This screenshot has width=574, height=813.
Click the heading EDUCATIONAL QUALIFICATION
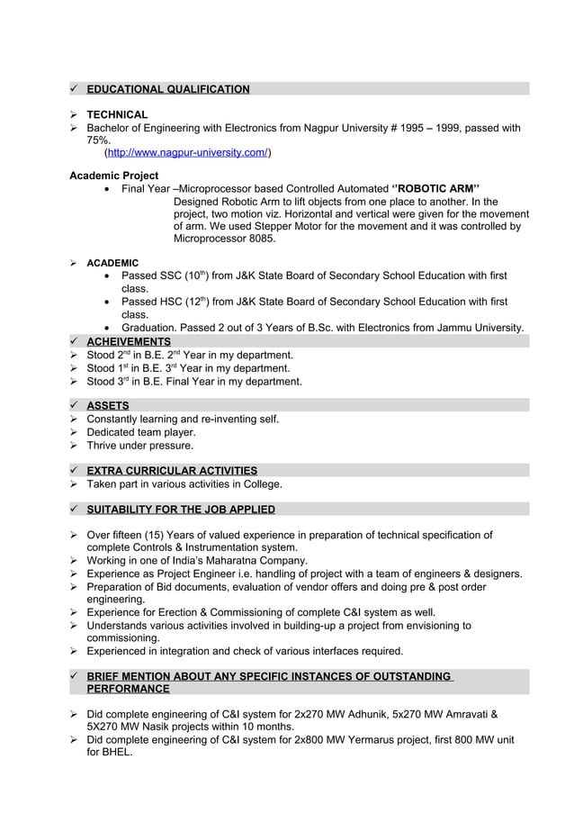click(168, 89)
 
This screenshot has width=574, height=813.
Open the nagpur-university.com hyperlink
click(187, 153)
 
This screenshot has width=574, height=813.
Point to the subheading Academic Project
click(114, 176)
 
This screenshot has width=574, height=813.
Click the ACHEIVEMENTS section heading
click(129, 342)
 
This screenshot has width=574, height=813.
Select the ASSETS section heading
click(108, 406)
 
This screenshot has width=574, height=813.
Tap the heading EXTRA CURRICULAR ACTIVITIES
click(172, 471)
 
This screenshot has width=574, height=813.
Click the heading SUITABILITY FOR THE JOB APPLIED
click(181, 510)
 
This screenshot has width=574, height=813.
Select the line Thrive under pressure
click(139, 446)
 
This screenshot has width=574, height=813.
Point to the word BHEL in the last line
click(116, 753)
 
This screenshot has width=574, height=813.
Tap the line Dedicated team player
click(140, 432)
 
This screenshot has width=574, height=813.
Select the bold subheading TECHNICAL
click(117, 115)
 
